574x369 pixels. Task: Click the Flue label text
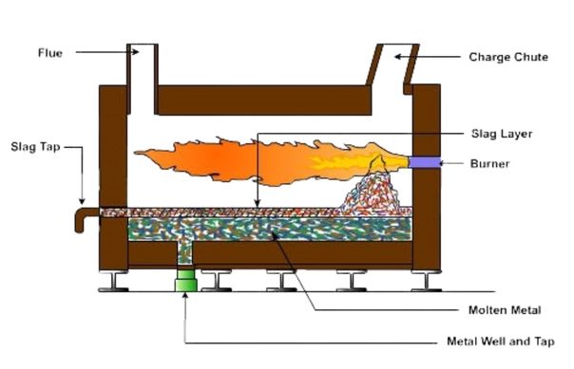[x=50, y=53]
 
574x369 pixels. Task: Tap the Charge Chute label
[x=507, y=57]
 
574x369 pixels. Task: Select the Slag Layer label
[x=501, y=133]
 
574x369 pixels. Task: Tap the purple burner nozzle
[x=424, y=163]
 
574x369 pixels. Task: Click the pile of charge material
[x=375, y=190]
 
